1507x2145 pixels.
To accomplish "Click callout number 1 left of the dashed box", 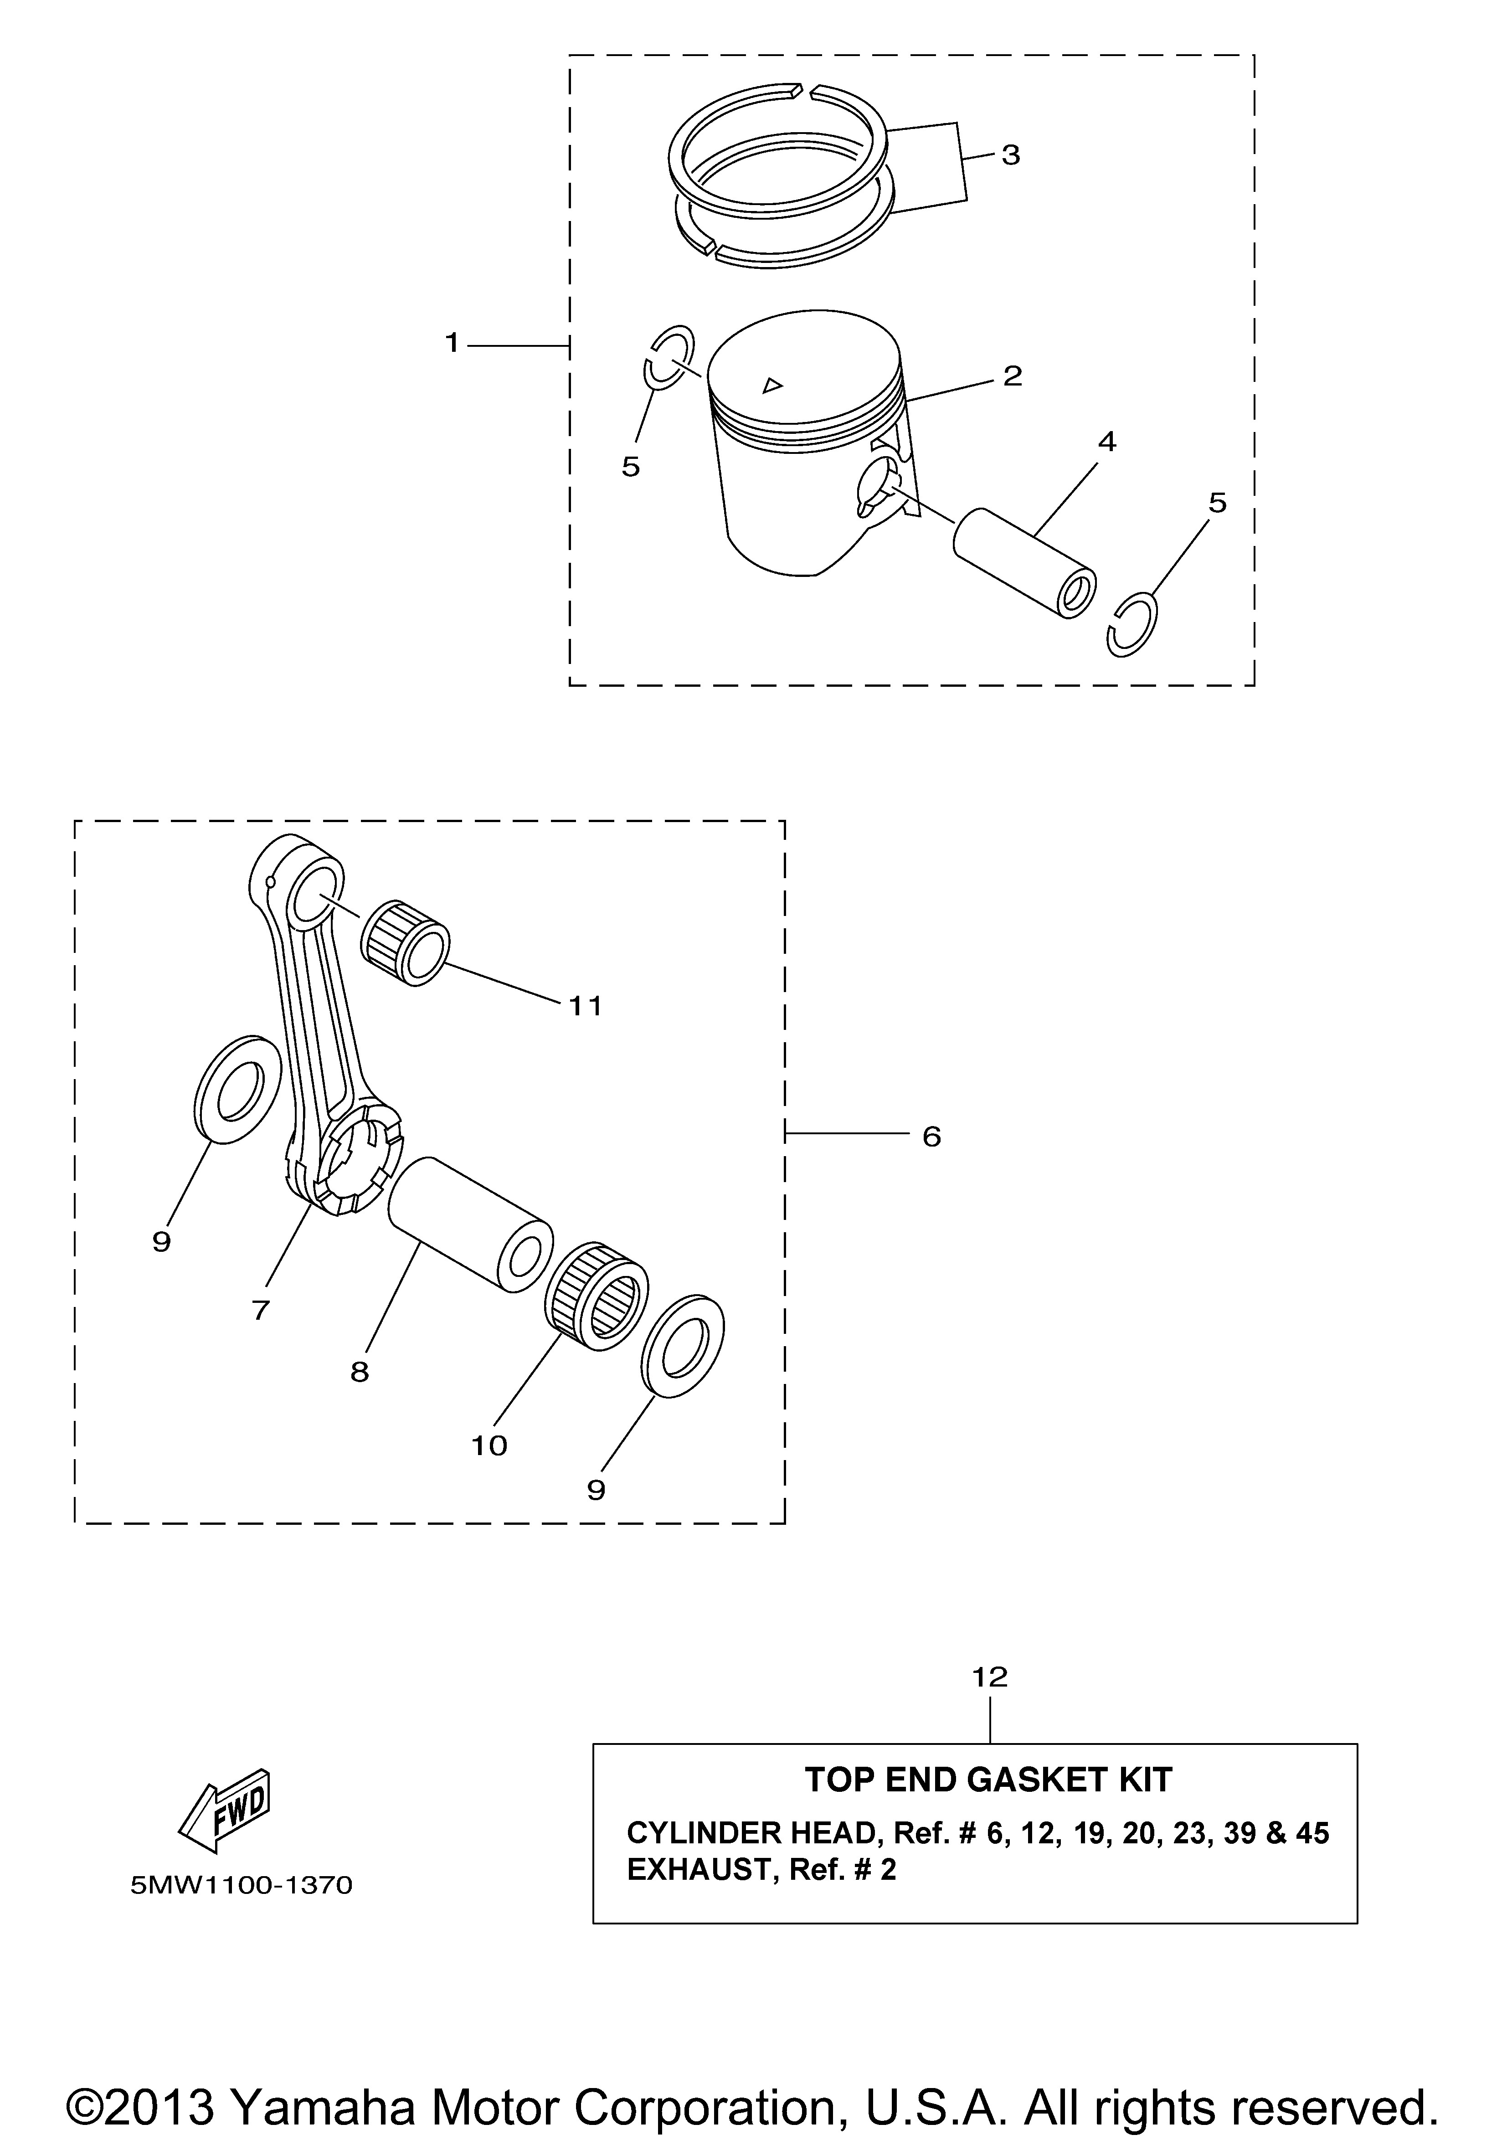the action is click(x=452, y=344).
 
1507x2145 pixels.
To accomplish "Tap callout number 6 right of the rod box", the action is click(x=931, y=1137).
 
